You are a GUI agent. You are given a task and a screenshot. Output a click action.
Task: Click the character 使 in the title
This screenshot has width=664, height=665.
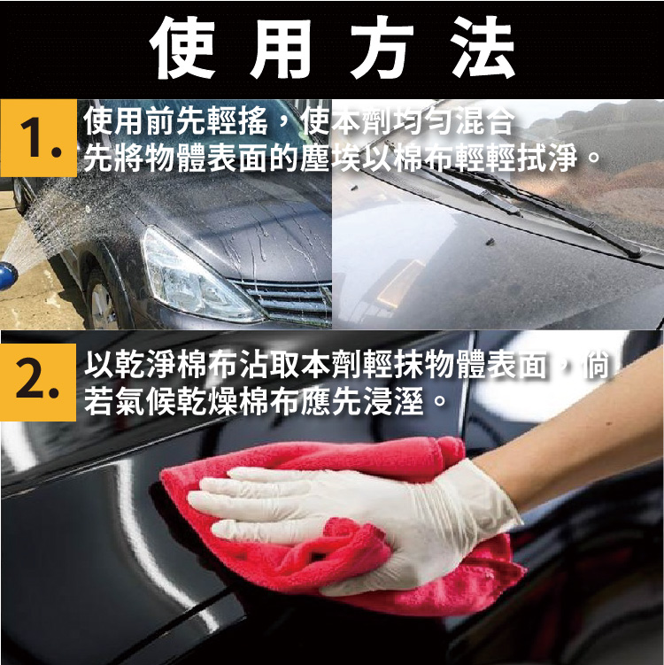pos(182,48)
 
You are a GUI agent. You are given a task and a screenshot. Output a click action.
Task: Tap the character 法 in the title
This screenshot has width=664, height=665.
pos(483,48)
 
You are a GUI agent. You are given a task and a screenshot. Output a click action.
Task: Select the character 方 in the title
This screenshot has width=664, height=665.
pos(382,48)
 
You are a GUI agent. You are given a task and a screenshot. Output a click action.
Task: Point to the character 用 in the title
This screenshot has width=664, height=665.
pos(282,48)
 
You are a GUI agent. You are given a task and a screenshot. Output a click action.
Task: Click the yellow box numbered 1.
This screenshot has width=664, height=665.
pos(38,138)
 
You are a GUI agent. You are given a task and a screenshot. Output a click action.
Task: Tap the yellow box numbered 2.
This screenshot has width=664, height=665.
pos(38,383)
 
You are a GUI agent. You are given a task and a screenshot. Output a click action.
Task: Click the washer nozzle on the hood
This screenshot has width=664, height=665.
pos(490,242)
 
